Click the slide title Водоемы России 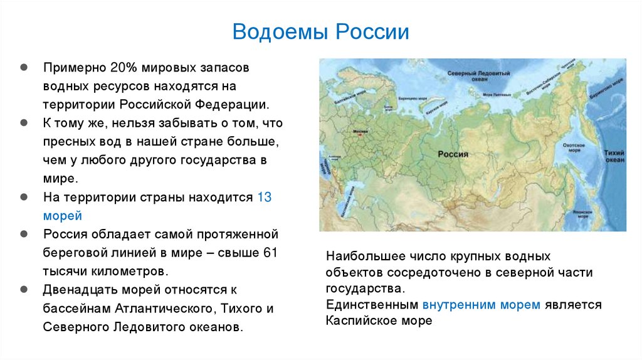(320, 31)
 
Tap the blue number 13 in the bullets (264, 197)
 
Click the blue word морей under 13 (63, 216)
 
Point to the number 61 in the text (269, 253)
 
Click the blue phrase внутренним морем (481, 305)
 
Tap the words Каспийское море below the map (379, 321)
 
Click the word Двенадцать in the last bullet (80, 290)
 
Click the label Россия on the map (452, 154)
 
